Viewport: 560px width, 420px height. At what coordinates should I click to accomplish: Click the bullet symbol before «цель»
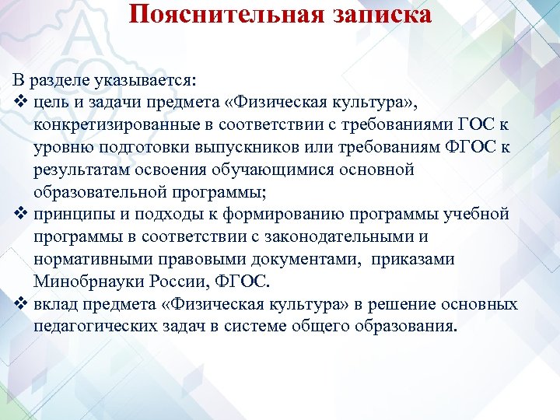(x=20, y=103)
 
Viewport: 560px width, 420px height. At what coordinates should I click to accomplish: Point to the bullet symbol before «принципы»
(x=20, y=214)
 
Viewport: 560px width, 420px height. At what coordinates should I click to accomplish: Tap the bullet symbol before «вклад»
(x=20, y=303)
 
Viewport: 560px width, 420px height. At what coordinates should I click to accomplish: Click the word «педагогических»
(x=93, y=325)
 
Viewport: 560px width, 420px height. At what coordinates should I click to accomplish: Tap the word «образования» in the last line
(x=408, y=325)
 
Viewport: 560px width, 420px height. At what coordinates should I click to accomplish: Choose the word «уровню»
(x=59, y=148)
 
